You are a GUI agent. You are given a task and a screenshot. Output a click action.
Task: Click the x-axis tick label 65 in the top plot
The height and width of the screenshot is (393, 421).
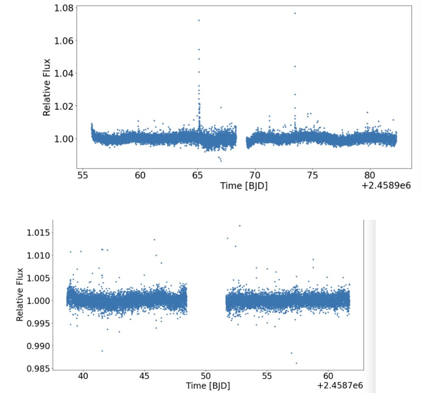click(x=197, y=175)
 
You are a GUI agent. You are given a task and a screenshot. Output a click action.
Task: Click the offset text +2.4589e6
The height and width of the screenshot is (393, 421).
click(x=385, y=186)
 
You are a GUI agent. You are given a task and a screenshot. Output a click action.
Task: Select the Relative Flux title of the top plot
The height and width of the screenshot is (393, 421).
click(x=47, y=87)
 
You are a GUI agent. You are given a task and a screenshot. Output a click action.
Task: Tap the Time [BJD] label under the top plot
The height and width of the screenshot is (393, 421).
click(x=244, y=186)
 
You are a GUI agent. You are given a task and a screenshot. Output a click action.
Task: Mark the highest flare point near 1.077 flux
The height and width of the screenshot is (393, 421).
click(x=295, y=13)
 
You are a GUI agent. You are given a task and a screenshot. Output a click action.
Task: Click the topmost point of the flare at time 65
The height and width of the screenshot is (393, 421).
click(x=199, y=20)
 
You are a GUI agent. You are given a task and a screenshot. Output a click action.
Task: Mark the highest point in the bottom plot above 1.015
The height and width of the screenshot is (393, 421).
click(x=239, y=225)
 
